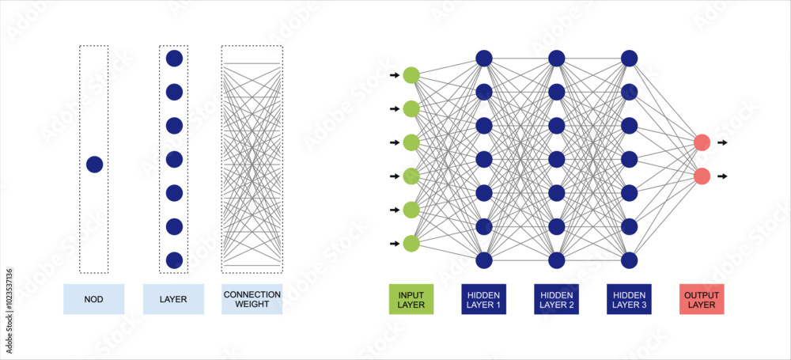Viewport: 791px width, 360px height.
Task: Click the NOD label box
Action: coord(93,299)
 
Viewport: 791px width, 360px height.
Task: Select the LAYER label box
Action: coord(173,299)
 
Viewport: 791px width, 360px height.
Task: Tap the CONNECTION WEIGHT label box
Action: coord(252,299)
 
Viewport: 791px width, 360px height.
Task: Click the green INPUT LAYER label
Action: coord(411,299)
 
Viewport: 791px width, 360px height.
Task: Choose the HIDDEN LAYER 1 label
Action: coord(484,299)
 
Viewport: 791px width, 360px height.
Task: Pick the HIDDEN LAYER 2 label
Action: coord(557,299)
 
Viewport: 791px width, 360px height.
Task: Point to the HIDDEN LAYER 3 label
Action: coord(630,299)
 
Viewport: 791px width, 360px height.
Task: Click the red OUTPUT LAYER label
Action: coord(702,299)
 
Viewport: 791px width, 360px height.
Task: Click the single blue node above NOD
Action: coord(94,165)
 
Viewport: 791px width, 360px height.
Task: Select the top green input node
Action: coord(411,75)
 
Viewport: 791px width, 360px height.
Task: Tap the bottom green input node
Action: coord(411,244)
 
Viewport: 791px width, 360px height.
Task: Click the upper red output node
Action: coord(702,142)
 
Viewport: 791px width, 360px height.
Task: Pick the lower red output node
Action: coord(702,176)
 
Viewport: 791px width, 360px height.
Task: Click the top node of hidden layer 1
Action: coord(484,58)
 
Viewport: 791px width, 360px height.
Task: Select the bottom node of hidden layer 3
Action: coord(630,260)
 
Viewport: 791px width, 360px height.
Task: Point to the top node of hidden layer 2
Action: coord(557,58)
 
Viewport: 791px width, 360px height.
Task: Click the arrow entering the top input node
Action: coord(395,75)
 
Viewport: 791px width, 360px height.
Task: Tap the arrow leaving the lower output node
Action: coord(722,176)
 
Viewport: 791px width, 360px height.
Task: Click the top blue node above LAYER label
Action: coord(174,58)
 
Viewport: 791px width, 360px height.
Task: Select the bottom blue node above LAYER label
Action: coord(174,260)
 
